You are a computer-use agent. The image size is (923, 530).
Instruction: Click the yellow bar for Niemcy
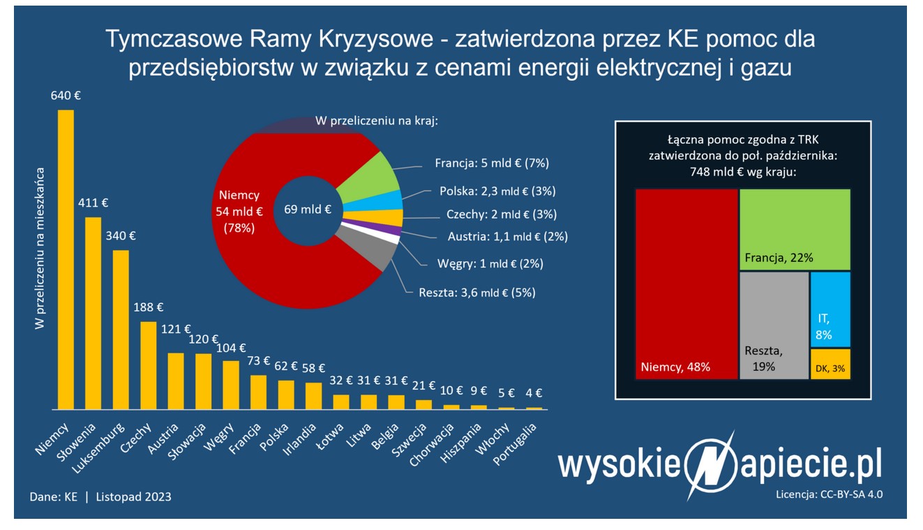point(65,258)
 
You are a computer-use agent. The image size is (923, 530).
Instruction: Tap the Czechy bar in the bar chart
point(149,365)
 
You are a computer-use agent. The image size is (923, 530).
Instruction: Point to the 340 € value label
point(121,235)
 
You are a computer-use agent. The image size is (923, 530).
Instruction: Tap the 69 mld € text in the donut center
point(308,209)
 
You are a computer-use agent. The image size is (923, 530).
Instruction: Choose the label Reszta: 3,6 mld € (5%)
point(477,293)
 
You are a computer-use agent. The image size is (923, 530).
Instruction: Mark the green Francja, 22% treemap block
point(795,229)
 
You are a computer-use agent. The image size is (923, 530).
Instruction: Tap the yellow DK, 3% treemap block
point(830,364)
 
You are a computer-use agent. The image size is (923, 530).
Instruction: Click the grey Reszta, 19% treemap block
point(773,325)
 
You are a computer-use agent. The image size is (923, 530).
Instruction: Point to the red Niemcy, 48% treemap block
point(686,284)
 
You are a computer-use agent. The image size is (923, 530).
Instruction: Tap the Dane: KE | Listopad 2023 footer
point(100,496)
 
